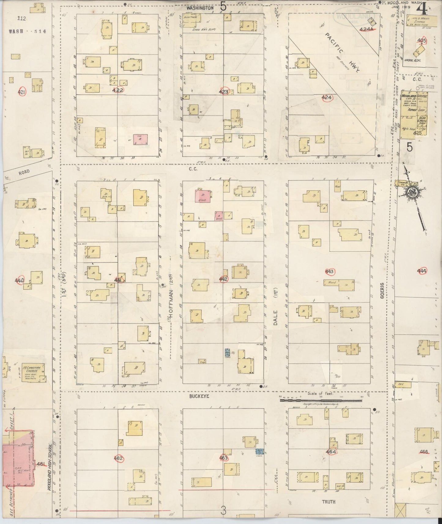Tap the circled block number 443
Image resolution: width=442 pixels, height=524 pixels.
point(329,271)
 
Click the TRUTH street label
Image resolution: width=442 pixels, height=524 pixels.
point(328,501)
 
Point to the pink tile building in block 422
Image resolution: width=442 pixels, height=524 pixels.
point(140,140)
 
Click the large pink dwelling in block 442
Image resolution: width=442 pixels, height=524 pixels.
point(202,196)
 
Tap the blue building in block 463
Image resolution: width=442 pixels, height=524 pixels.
point(260,451)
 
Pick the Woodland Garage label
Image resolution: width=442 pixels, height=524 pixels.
point(414,96)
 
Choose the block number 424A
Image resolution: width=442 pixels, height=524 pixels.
point(366,29)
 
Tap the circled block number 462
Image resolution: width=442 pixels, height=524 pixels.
point(118,458)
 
